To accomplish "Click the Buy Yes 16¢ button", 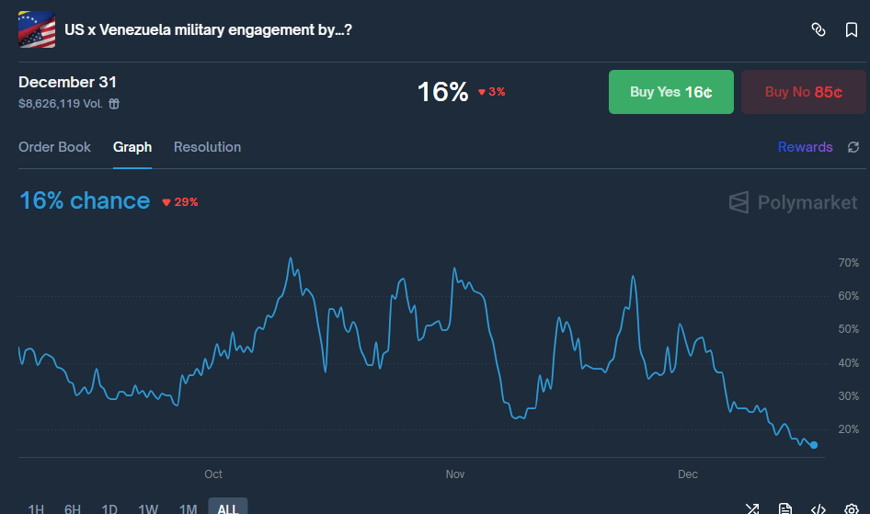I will coord(670,92).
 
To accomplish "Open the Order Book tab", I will coord(55,147).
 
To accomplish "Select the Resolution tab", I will coord(207,147).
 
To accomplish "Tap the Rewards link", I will coord(805,147).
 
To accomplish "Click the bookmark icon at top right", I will coord(852,30).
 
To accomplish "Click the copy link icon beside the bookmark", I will coord(818,30).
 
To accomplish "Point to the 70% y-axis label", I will coord(848,263).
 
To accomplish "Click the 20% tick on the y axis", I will coord(848,429).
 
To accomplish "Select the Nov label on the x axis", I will coord(455,474).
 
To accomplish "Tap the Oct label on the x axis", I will coord(213,474).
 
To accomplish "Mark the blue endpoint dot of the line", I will coord(814,445).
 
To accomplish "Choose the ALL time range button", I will coord(227,508).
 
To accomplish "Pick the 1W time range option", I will coord(148,508).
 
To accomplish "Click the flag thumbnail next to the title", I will coord(37,30).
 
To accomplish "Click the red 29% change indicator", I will coord(180,202).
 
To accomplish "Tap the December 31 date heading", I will coord(67,83).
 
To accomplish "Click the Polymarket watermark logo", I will coord(793,202).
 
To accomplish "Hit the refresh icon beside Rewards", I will coord(853,147).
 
